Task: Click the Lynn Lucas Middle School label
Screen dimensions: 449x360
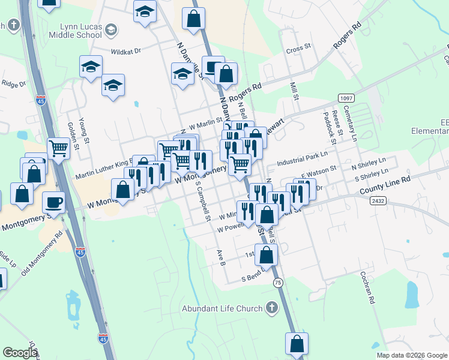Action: click(73, 31)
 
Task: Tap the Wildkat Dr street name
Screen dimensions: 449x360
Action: click(125, 52)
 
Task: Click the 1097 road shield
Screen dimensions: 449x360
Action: click(346, 97)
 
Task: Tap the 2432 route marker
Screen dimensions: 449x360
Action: click(378, 201)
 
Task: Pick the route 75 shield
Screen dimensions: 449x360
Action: click(277, 282)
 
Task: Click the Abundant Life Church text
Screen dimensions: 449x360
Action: click(223, 308)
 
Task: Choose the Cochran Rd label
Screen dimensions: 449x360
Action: click(368, 290)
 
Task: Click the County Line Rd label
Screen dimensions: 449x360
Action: click(385, 185)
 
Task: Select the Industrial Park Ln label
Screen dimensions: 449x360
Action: click(302, 158)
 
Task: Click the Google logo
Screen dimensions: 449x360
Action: click(20, 353)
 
